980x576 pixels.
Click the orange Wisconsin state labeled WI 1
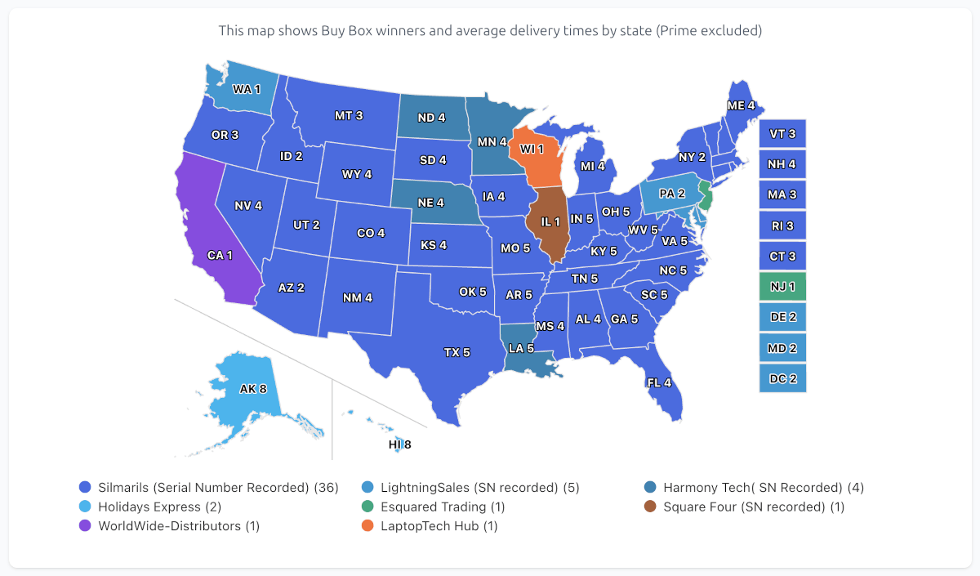click(x=532, y=150)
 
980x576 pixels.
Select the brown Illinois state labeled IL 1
click(x=550, y=221)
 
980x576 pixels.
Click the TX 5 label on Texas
click(x=457, y=353)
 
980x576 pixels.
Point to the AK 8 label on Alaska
click(x=253, y=389)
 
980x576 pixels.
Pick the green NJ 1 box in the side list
click(x=782, y=287)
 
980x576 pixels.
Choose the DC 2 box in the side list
click(x=782, y=379)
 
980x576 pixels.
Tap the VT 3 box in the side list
click(x=782, y=133)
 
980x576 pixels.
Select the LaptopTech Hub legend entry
click(x=439, y=526)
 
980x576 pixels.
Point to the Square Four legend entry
click(x=753, y=507)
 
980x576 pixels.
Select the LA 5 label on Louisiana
click(x=520, y=349)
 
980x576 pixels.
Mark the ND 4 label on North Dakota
click(x=431, y=118)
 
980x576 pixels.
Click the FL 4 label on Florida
click(x=658, y=382)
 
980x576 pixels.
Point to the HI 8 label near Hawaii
click(x=399, y=445)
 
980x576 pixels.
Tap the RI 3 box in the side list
click(x=782, y=225)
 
